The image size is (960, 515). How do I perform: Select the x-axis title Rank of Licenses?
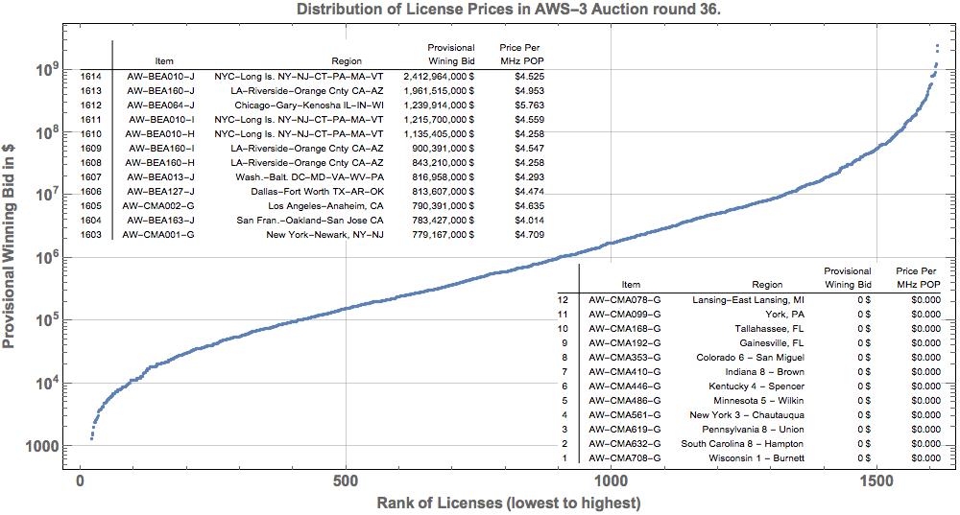508,503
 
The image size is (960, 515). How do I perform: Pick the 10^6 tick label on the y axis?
49,258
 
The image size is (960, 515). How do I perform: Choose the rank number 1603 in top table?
91,234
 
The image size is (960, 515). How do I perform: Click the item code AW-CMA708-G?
625,457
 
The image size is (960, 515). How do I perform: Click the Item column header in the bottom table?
631,284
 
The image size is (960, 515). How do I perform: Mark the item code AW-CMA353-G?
625,357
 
